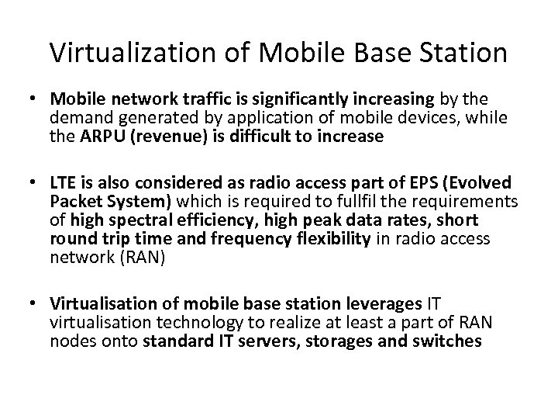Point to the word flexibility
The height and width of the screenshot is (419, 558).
pyautogui.click(x=325, y=238)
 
